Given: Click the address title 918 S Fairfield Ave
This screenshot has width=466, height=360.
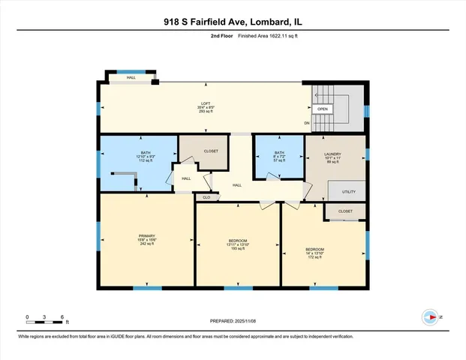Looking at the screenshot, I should [x=233, y=23].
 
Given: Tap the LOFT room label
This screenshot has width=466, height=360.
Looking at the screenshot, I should [x=205, y=103].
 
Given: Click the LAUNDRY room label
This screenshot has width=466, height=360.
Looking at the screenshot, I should [x=332, y=152].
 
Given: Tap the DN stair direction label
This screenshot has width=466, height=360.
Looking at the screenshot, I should [x=306, y=123].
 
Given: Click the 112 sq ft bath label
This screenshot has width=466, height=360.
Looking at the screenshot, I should [x=146, y=160].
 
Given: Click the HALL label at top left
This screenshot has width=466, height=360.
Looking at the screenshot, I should [x=131, y=77].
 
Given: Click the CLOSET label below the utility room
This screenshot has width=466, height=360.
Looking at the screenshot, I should [x=345, y=211].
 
